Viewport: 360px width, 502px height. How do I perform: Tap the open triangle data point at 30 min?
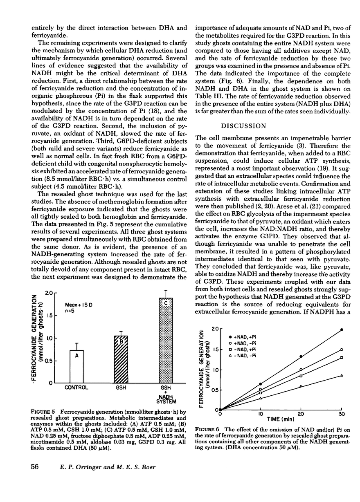[x=342, y=375]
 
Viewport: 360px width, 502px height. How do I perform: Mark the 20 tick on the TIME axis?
[x=301, y=414]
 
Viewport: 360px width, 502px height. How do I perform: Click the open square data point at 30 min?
[x=342, y=357]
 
